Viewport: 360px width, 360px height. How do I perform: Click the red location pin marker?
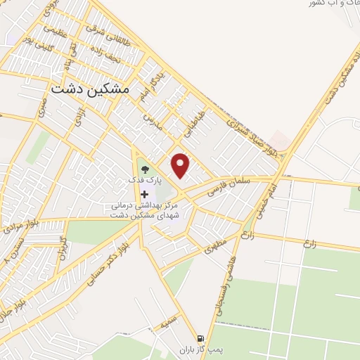[x=181, y=165]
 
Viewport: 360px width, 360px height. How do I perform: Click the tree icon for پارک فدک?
[x=145, y=169]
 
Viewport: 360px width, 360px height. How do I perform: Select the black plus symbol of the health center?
[x=145, y=193]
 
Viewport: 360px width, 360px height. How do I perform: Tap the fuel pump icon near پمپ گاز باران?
[x=202, y=338]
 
